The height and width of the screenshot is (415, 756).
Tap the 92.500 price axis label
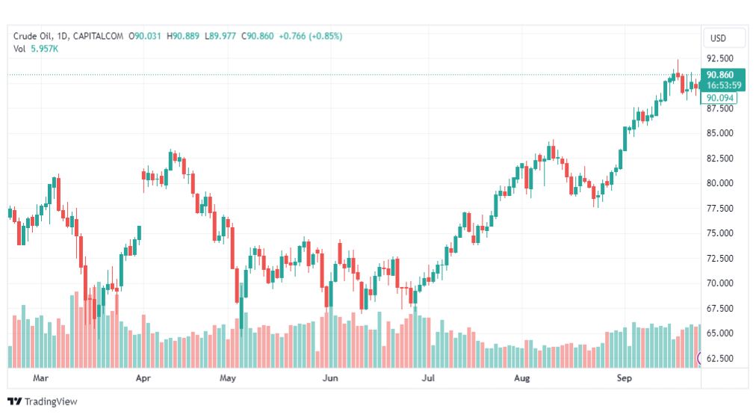(720, 58)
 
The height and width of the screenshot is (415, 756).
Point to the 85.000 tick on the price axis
(720, 133)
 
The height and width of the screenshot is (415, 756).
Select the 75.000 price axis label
(720, 233)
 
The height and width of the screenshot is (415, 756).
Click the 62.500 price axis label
(720, 358)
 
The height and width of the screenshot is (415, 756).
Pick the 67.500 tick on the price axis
(720, 308)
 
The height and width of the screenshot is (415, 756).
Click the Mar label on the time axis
(40, 378)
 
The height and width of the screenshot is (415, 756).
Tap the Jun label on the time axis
(330, 378)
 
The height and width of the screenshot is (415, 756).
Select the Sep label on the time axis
(625, 378)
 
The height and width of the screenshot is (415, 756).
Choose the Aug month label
(521, 378)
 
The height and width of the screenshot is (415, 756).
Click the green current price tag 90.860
(720, 75)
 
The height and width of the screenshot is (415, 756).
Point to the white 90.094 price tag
(719, 98)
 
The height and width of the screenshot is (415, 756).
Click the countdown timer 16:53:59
(724, 85)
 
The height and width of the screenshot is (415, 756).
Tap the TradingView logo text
(51, 402)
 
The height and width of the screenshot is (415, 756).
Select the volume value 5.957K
(44, 49)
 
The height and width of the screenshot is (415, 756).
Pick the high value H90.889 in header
(183, 36)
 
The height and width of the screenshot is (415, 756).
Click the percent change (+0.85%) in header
(326, 36)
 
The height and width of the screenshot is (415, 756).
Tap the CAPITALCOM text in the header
(98, 36)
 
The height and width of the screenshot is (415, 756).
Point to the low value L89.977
(220, 36)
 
